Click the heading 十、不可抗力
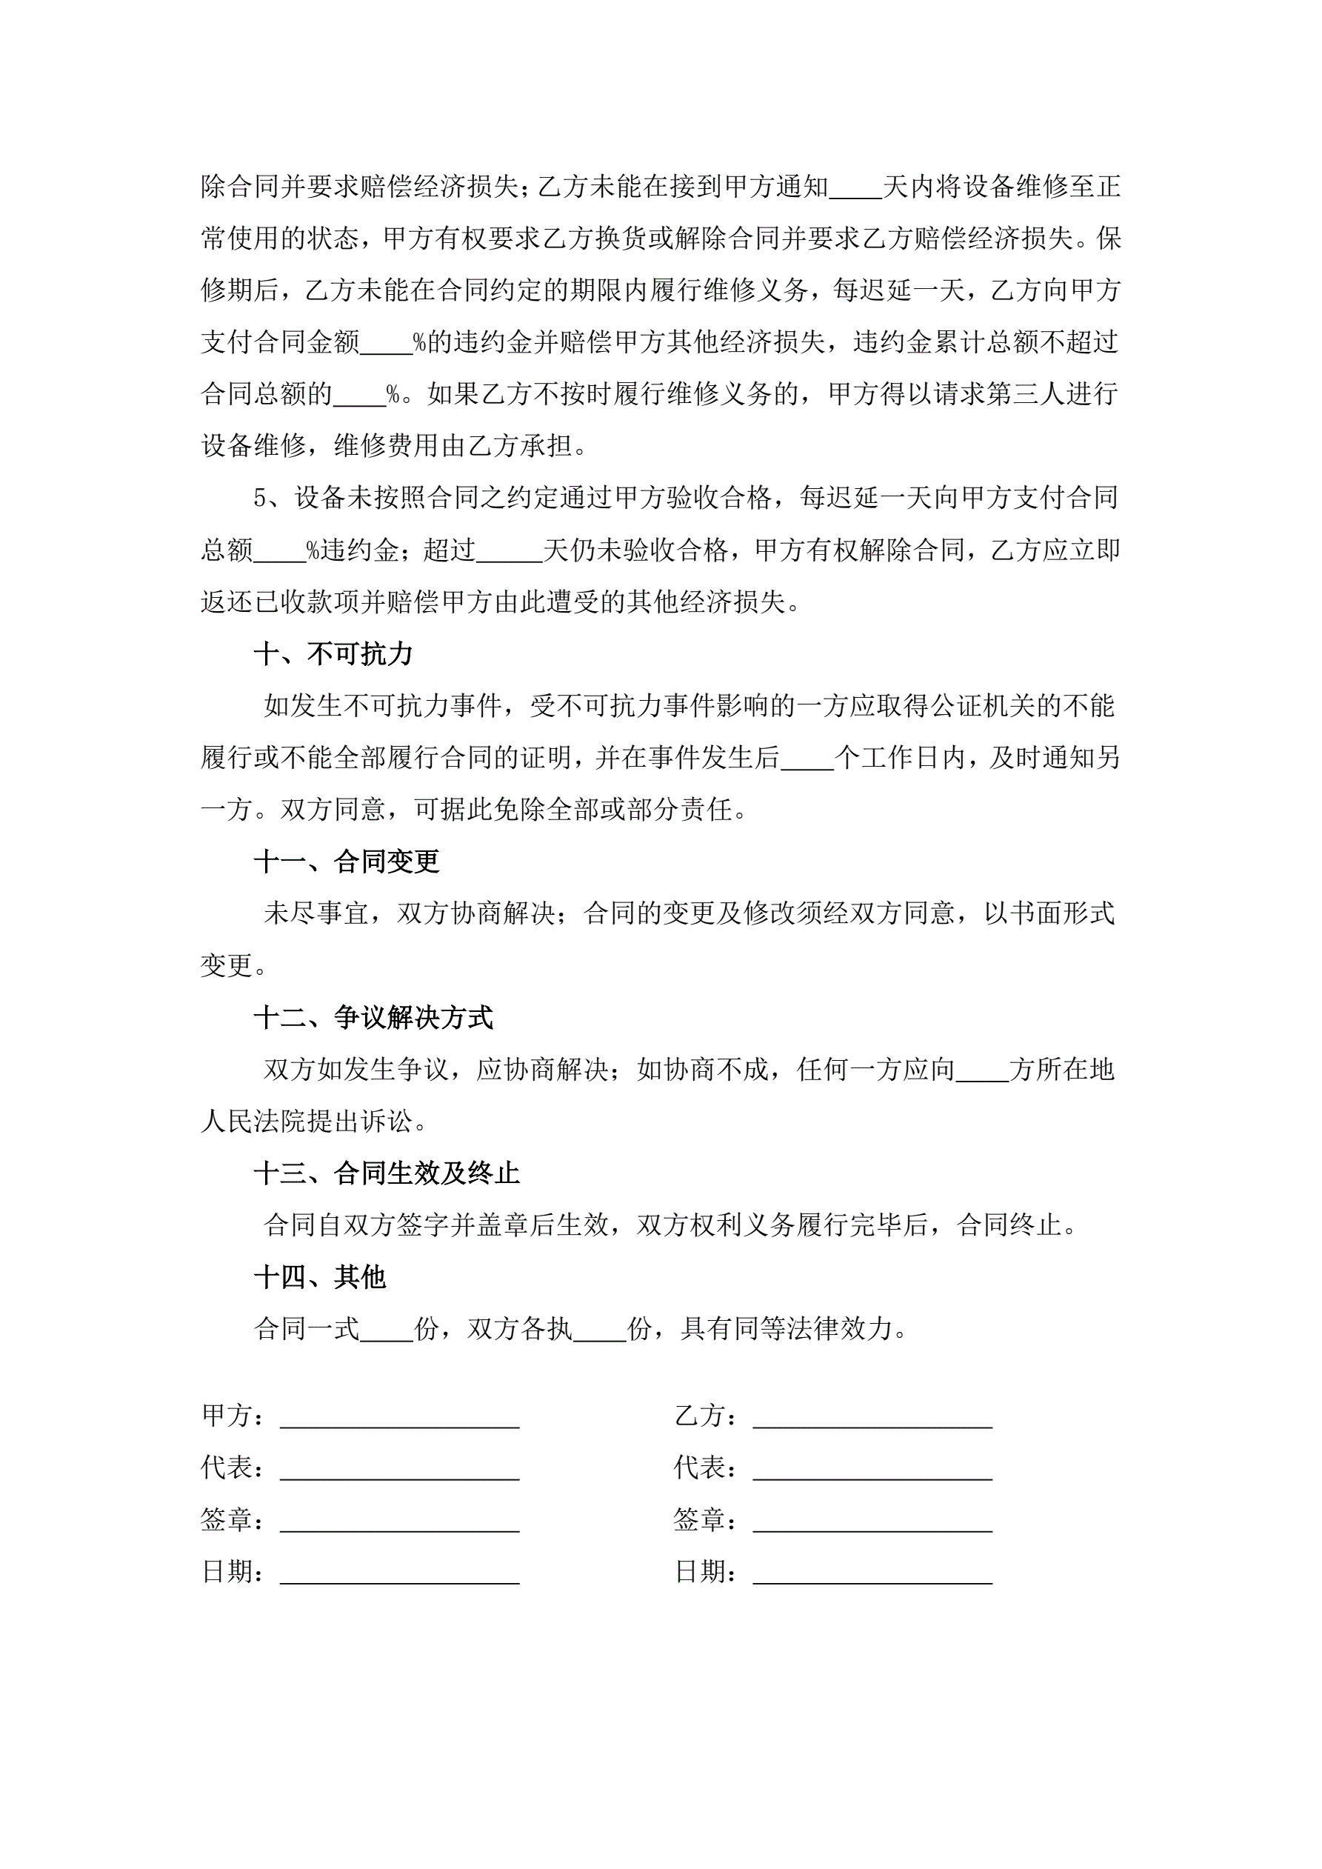coord(333,653)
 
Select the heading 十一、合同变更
coord(346,862)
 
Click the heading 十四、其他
coord(319,1277)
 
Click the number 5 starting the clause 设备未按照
coord(261,499)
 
